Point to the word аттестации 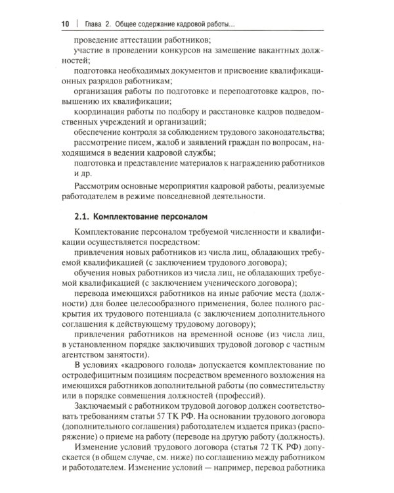click(x=143, y=39)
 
